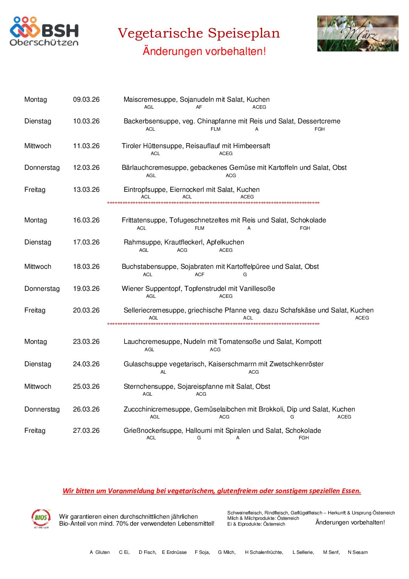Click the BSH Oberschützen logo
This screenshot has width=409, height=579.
click(44, 31)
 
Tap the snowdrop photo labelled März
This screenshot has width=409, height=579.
click(358, 33)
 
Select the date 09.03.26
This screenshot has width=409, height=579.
click(86, 99)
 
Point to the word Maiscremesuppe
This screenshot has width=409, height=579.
click(150, 99)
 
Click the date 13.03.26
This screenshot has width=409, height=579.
click(86, 190)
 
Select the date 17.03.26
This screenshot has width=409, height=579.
click(86, 242)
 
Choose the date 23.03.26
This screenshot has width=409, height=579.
click(86, 342)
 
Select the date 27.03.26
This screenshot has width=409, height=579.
click(86, 430)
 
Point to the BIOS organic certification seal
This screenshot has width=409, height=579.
click(41, 518)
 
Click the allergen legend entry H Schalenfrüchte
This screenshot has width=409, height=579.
click(264, 552)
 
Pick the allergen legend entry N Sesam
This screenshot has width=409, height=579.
click(358, 552)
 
